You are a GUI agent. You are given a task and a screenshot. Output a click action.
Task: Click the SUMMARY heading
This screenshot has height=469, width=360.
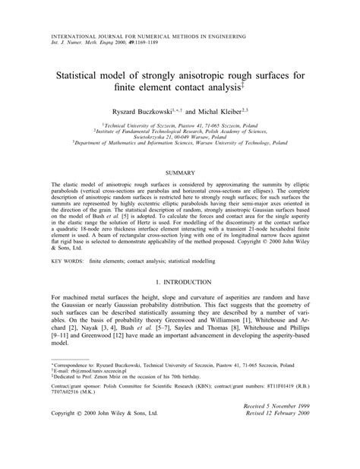click(180, 174)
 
